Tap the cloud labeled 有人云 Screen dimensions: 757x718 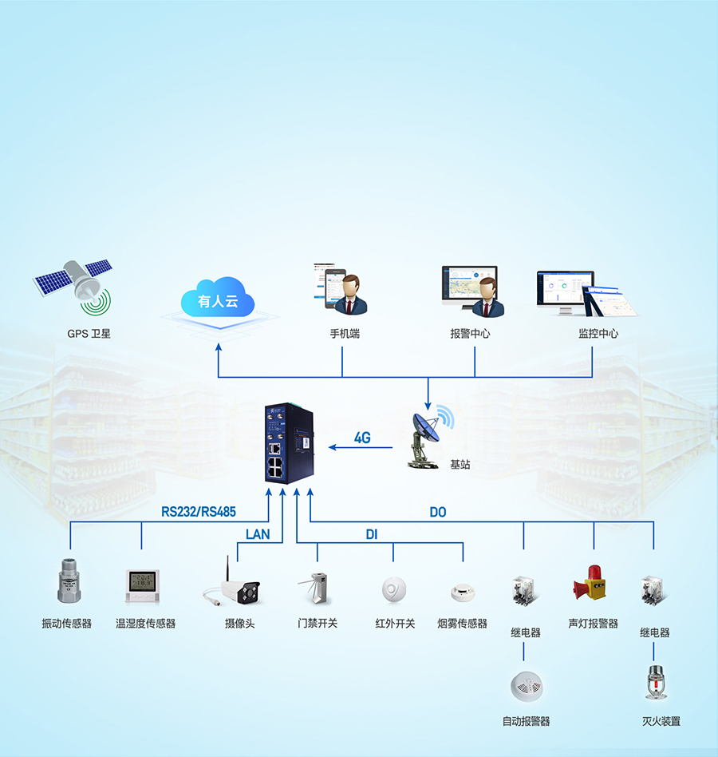(217, 300)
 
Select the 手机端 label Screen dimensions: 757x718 (345, 334)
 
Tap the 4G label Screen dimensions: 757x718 (362, 438)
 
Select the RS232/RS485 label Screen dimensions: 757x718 (199, 512)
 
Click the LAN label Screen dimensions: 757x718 (258, 534)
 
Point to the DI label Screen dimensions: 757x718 (371, 534)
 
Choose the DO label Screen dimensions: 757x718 (437, 512)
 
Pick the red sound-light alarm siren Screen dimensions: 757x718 (592, 586)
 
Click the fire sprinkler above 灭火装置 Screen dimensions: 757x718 (656, 683)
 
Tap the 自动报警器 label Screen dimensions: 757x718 (526, 721)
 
